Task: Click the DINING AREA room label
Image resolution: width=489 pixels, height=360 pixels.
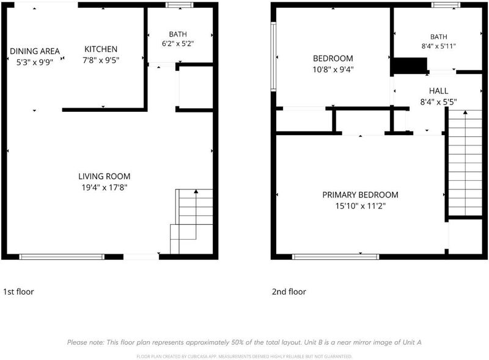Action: [35, 51]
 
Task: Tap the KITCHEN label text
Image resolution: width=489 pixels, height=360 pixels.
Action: [101, 49]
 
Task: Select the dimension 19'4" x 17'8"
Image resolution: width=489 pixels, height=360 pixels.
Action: [105, 188]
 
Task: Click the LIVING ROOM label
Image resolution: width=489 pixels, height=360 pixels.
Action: [104, 176]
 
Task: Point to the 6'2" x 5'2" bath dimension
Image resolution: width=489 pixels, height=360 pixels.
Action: [178, 43]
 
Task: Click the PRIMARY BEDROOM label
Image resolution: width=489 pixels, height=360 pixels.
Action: [360, 195]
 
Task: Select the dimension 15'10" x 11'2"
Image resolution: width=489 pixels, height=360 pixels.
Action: [361, 206]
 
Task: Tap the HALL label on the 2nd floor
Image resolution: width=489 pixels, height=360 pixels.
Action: [438, 91]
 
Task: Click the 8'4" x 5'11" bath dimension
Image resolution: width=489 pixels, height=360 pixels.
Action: [438, 46]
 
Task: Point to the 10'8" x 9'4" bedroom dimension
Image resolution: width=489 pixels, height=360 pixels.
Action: [333, 69]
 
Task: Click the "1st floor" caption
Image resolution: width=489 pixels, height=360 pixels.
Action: [18, 292]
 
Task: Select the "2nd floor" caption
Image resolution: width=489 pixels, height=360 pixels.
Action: [289, 292]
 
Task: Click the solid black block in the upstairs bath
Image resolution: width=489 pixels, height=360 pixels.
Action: [410, 65]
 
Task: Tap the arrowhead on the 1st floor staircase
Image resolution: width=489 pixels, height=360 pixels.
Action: [196, 191]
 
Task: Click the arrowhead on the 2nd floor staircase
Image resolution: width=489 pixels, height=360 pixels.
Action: [465, 112]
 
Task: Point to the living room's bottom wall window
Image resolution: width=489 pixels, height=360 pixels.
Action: [62, 257]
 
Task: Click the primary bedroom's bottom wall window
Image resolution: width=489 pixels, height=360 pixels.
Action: [336, 257]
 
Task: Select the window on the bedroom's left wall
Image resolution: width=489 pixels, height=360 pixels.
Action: [273, 56]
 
